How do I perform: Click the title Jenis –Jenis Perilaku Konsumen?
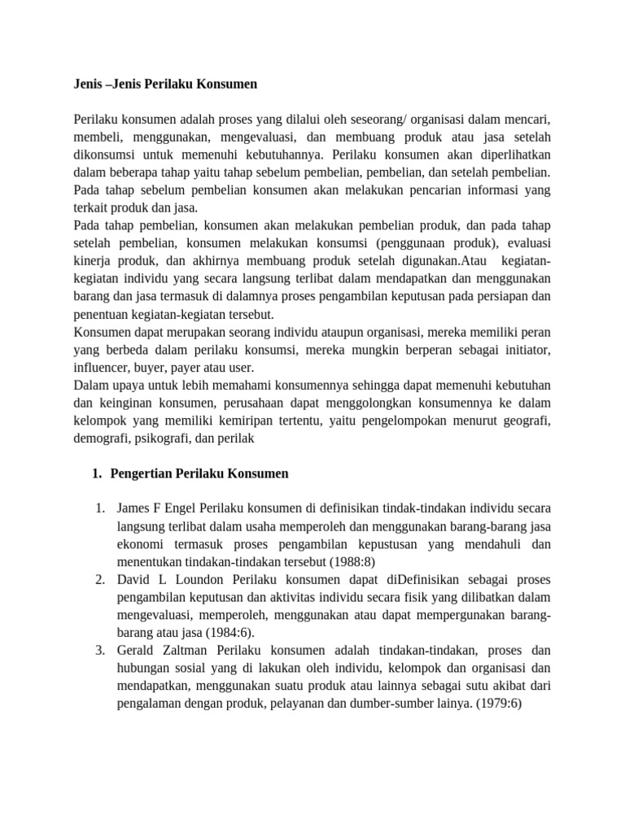(164, 84)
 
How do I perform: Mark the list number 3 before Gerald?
(99, 651)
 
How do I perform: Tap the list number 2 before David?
(99, 580)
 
